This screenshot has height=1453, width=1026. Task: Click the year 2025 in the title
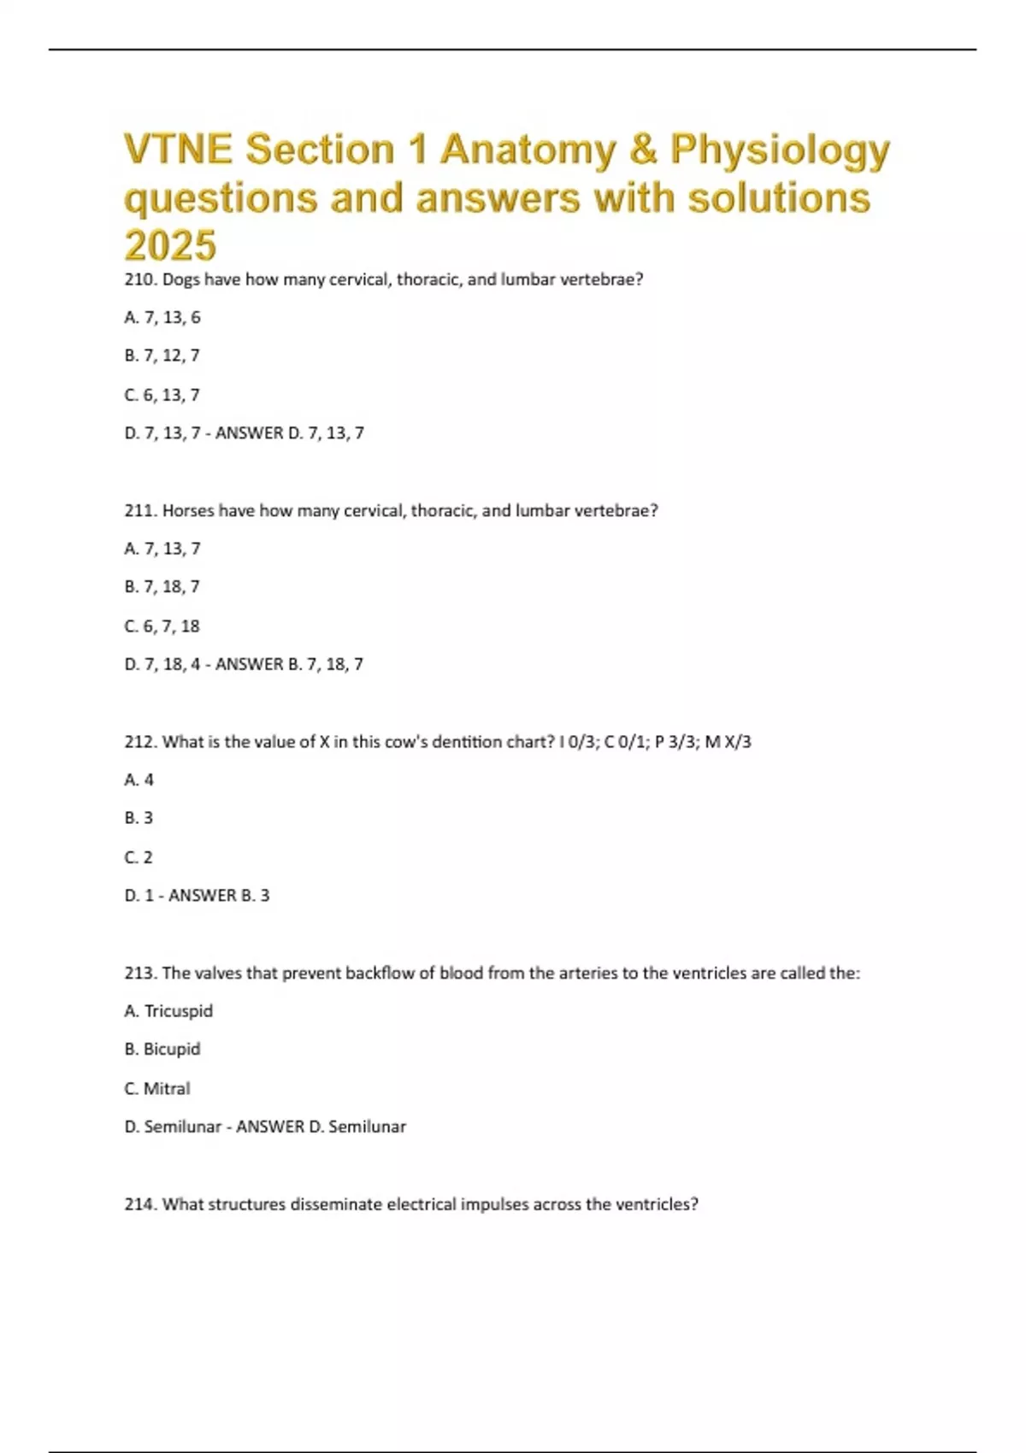click(170, 245)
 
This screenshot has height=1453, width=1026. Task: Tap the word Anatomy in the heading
click(528, 150)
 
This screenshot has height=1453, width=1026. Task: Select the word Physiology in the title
click(780, 150)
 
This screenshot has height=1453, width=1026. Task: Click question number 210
click(139, 279)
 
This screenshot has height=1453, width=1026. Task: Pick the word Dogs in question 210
click(180, 279)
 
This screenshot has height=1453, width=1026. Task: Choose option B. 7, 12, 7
click(162, 356)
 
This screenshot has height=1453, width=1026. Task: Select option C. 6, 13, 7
click(162, 395)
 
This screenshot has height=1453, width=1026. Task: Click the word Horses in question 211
click(188, 511)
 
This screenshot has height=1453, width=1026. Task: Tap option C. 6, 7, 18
click(162, 626)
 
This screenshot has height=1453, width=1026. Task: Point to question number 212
click(139, 742)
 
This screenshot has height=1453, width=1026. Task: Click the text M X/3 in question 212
click(728, 742)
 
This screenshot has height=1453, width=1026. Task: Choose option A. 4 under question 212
click(139, 780)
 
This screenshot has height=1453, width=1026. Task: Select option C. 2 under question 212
click(139, 857)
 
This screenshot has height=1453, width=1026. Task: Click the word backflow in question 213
click(380, 974)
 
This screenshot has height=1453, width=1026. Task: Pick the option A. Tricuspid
click(168, 1011)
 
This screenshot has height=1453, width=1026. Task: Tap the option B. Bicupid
click(162, 1050)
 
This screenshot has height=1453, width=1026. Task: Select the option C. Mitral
click(157, 1089)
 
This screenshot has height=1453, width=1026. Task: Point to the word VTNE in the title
click(178, 150)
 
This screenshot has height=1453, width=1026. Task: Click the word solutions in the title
click(779, 198)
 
